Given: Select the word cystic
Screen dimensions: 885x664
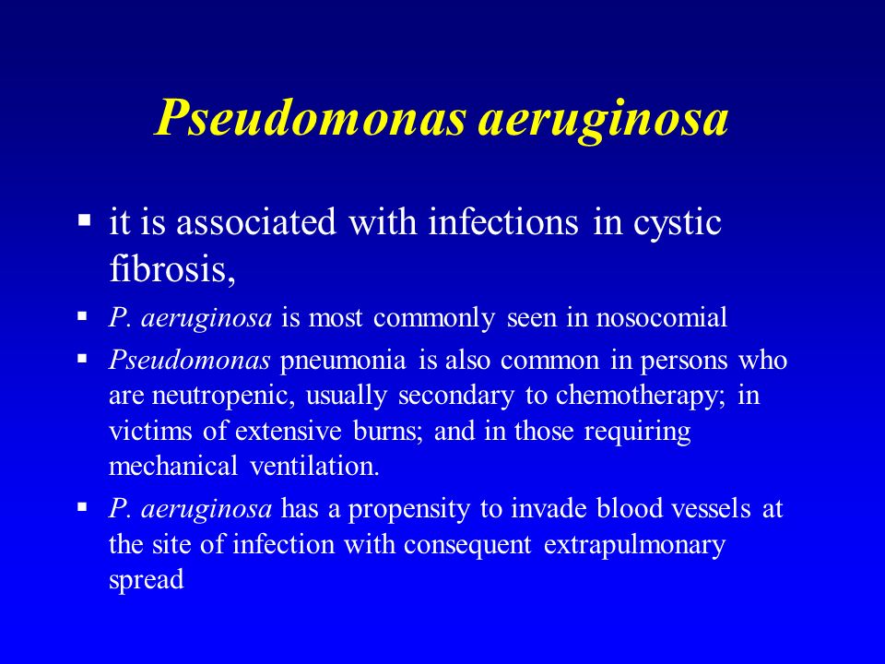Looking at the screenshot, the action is click(678, 223).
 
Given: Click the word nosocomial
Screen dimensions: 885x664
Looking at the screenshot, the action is click(662, 317).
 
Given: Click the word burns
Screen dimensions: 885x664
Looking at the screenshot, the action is click(384, 431).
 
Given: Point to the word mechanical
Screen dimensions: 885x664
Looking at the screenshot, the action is click(172, 466).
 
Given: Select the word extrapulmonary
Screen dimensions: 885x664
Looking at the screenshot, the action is click(634, 546).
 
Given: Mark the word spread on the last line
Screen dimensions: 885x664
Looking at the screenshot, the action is click(147, 581).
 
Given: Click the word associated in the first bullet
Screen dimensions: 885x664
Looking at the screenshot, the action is click(256, 222).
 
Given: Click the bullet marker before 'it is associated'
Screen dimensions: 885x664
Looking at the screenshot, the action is click(84, 219).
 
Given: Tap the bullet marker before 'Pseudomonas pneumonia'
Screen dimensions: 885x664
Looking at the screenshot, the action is click(82, 358).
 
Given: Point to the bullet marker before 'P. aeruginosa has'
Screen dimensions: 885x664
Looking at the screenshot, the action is click(82, 506).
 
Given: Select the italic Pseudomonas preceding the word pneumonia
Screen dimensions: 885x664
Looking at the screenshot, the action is click(189, 361).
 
